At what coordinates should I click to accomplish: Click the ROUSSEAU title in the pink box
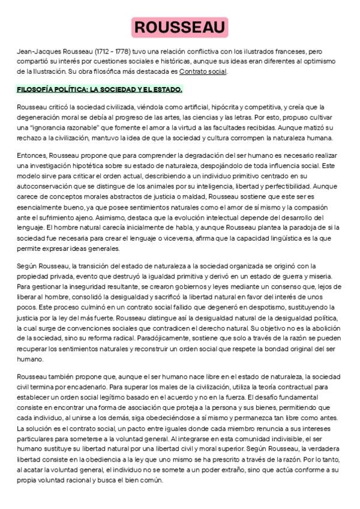pos(179,27)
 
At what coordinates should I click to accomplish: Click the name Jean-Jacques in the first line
pos(35,53)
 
